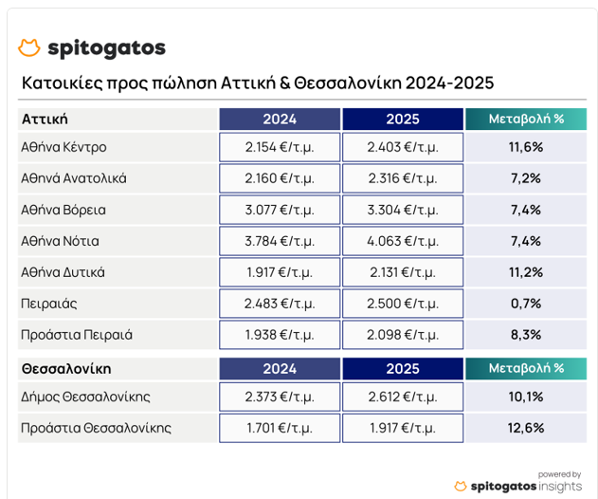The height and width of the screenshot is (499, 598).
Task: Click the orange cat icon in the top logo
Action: [x=29, y=48]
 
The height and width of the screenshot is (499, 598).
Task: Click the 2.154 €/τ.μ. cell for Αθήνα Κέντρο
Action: [x=280, y=147]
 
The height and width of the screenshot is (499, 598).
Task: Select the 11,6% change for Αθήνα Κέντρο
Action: [x=525, y=147]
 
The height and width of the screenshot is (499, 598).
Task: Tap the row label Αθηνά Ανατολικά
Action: [x=74, y=178]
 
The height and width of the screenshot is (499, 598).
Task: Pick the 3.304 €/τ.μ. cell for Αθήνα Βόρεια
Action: [x=403, y=210]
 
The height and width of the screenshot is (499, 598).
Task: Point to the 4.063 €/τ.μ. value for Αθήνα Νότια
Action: [x=403, y=241]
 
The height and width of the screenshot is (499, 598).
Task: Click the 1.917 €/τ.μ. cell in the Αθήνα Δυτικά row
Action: [x=280, y=272]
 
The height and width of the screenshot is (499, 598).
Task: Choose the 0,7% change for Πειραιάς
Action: [x=525, y=304]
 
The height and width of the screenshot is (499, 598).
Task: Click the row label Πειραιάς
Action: [x=49, y=304]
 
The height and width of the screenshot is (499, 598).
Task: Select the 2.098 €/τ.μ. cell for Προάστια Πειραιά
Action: [x=403, y=335]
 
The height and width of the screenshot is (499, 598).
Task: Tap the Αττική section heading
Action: [x=45, y=120]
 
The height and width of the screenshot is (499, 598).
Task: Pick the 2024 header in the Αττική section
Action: [x=280, y=120]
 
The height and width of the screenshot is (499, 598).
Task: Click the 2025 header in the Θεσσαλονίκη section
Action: [x=403, y=368]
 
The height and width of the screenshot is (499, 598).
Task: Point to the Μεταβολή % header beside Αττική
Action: [x=525, y=120]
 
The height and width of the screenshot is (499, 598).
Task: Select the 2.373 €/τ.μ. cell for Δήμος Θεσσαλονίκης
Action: [x=280, y=397]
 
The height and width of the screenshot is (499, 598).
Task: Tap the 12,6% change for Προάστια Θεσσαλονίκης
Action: [x=525, y=428]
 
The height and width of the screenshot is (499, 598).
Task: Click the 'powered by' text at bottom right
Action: [x=559, y=473]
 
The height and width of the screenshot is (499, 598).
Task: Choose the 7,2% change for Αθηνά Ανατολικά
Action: [x=525, y=178]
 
